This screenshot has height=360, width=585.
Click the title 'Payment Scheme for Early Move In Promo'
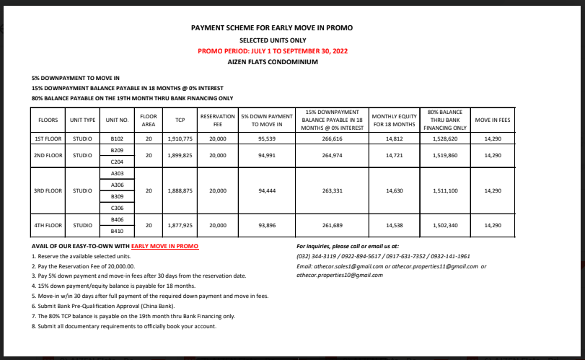[271, 28]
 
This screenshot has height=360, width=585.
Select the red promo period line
[271, 51]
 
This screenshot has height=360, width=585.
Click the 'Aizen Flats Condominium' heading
[271, 63]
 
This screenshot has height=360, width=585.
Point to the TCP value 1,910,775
[170, 137]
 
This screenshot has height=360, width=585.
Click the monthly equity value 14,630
[394, 191]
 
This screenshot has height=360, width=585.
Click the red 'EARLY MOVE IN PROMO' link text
[164, 246]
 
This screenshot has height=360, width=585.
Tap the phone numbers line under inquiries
[383, 256]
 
